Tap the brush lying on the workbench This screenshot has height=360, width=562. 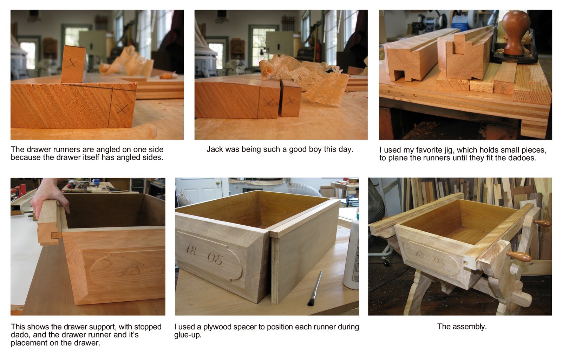tap(315, 288)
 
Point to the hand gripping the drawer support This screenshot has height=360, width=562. tap(51, 196)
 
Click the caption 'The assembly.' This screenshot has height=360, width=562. tap(462, 326)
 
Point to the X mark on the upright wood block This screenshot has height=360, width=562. tap(71, 63)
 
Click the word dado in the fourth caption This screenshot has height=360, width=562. tap(21, 335)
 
